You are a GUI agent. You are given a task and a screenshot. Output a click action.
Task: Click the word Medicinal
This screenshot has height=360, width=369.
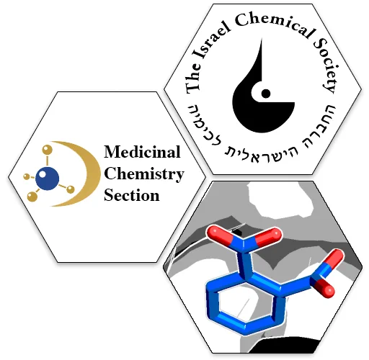142,152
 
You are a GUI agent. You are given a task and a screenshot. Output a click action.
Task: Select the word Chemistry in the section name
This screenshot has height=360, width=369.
144,174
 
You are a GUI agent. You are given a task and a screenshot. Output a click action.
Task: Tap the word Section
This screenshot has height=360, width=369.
132,195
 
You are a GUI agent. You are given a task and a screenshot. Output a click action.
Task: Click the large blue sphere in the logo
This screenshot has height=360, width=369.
47,179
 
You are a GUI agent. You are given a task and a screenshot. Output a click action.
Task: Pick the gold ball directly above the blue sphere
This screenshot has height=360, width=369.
47,150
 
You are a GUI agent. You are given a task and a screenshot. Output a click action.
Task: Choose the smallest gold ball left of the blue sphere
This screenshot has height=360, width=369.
27,177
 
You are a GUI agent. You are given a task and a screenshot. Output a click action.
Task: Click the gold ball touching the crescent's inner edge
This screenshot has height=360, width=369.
71,189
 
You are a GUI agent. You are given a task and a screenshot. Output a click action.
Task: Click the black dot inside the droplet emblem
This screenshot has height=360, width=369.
266,94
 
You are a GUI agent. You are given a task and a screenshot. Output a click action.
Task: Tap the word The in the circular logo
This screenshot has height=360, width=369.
194,78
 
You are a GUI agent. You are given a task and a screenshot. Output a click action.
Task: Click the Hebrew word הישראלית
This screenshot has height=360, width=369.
262,156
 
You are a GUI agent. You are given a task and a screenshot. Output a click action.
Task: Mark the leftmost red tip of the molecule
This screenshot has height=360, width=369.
213,232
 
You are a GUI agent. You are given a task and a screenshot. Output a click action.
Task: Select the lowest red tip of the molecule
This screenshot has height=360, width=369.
329,291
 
